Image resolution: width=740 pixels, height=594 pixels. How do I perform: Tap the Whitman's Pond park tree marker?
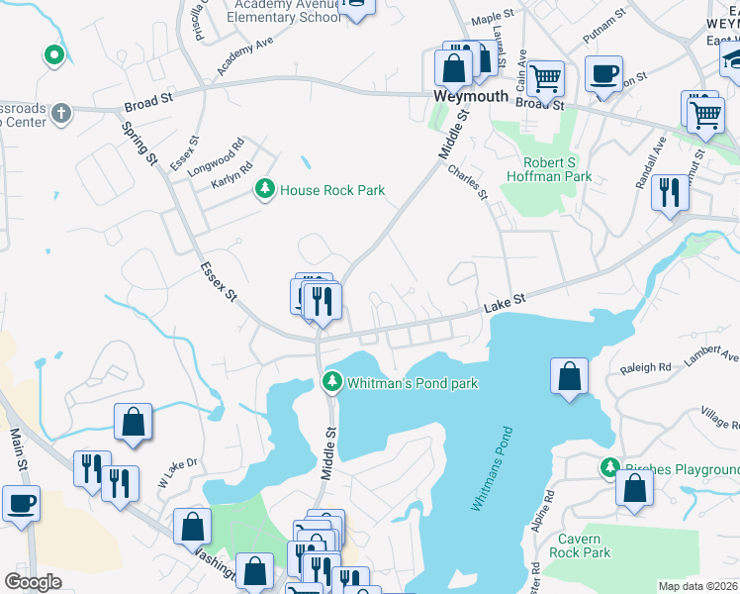pyautogui.click(x=333, y=381)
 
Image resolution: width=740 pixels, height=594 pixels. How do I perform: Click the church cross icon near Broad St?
pyautogui.click(x=59, y=112)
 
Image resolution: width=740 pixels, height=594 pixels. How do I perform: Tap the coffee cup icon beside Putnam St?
pyautogui.click(x=603, y=73)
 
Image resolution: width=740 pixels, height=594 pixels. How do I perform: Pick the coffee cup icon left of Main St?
pyautogui.click(x=21, y=502)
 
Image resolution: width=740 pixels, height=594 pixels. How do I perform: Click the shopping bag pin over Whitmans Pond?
pyautogui.click(x=569, y=376)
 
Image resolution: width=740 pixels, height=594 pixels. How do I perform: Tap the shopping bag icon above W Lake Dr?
pyautogui.click(x=133, y=421)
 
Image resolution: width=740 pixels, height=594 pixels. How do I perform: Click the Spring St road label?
pyautogui.click(x=140, y=144)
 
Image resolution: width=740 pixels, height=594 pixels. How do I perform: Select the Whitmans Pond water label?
pyautogui.click(x=492, y=468)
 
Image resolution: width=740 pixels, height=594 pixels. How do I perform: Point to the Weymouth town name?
pyautogui.click(x=471, y=97)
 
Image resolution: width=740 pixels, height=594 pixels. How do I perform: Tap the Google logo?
pyautogui.click(x=33, y=582)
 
